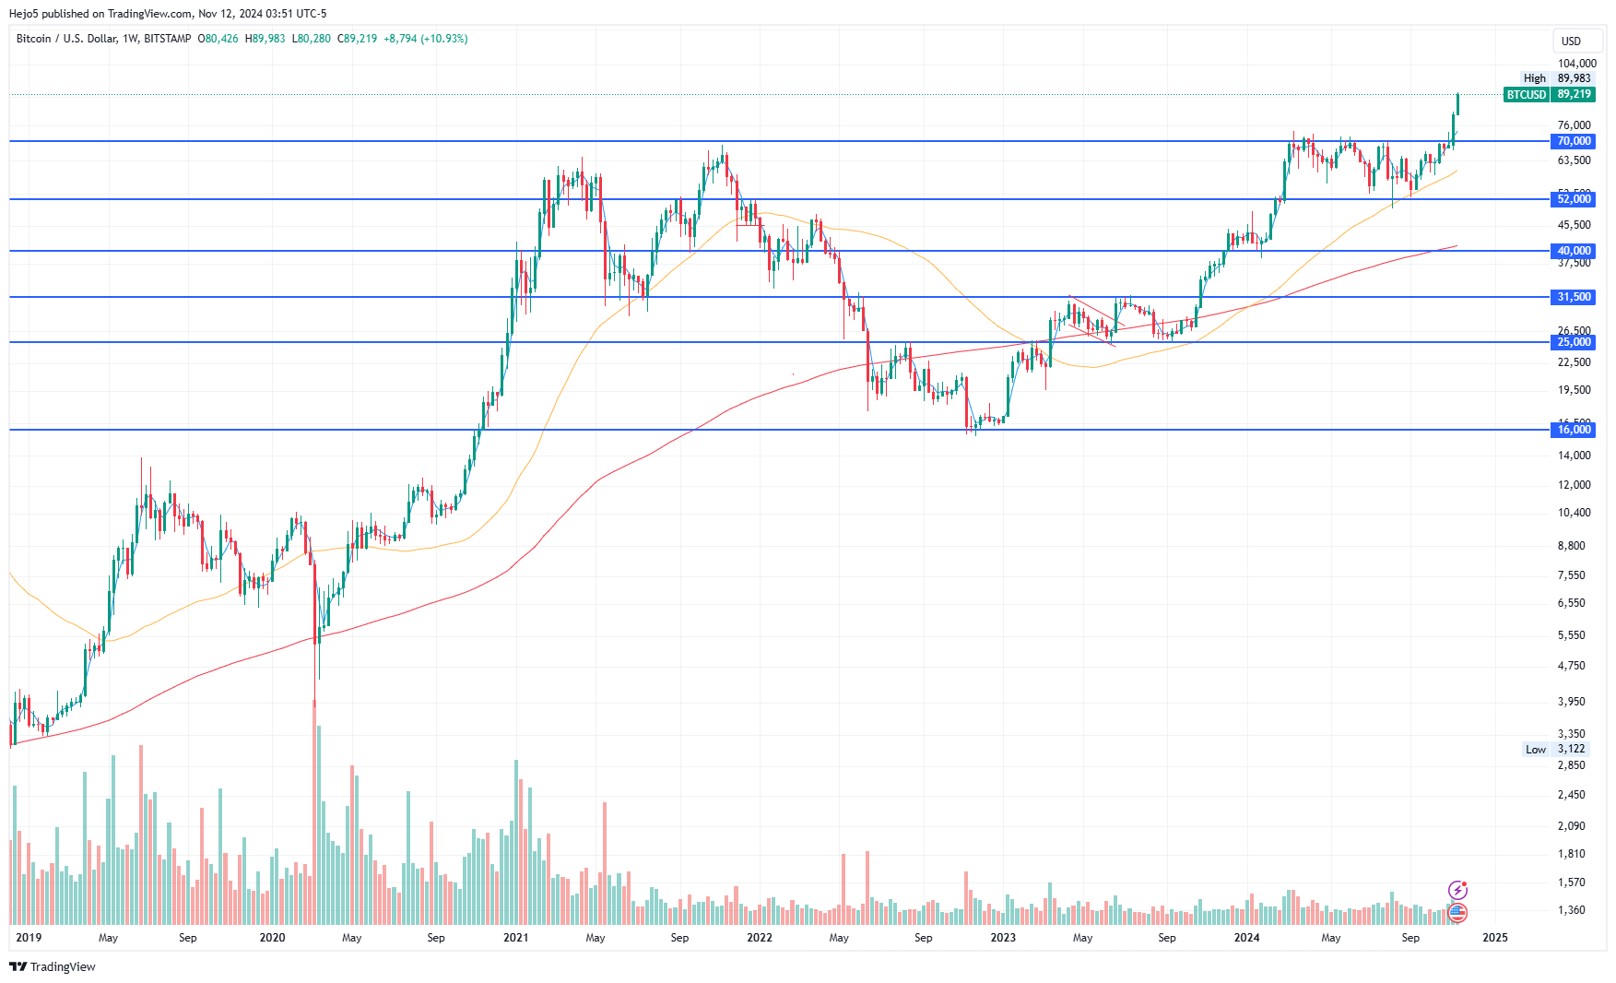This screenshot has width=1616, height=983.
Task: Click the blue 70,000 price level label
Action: click(x=1574, y=141)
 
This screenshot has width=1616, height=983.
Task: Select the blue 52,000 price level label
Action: click(x=1574, y=199)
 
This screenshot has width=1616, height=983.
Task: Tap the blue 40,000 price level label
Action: click(x=1574, y=251)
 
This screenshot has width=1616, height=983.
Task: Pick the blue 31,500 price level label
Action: click(x=1574, y=297)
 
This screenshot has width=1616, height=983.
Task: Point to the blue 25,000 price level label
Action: click(x=1574, y=342)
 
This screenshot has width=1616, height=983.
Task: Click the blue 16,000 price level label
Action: click(x=1574, y=430)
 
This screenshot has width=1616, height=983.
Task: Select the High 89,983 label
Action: click(x=1557, y=78)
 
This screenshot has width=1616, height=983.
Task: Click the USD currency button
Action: click(x=1571, y=41)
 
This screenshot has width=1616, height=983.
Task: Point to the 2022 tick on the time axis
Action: click(x=759, y=938)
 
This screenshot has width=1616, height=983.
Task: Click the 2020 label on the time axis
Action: click(x=272, y=938)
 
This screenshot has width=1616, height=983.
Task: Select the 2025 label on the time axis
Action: click(x=1494, y=938)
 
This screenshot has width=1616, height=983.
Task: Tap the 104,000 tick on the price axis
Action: click(x=1576, y=64)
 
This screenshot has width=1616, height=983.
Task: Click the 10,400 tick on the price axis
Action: click(x=1574, y=513)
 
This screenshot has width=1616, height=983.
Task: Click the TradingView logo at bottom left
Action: click(x=53, y=966)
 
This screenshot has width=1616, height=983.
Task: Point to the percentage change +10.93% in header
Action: click(x=444, y=39)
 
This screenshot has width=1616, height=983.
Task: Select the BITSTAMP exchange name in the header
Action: click(x=168, y=39)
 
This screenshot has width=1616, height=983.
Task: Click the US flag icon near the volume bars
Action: click(x=1457, y=913)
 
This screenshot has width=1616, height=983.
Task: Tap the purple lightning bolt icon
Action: click(x=1457, y=890)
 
